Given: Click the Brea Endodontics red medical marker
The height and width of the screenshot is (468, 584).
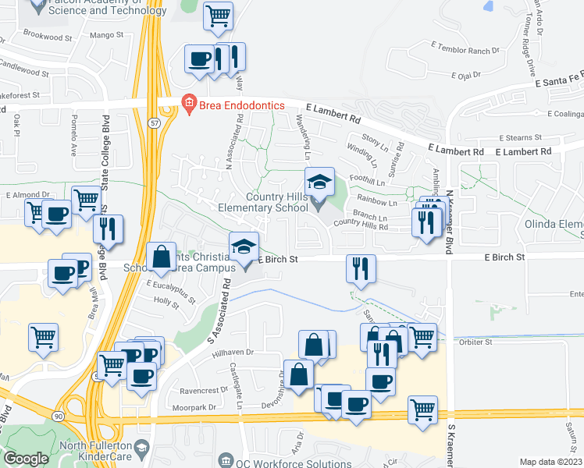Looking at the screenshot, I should click(188, 103).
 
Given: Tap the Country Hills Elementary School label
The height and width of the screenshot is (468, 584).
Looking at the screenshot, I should click(280, 203).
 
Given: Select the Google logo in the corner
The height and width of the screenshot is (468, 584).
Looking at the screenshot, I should click(26, 459).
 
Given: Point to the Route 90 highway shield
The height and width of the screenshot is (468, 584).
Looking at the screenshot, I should click(59, 417).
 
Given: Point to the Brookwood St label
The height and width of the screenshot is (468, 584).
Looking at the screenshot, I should click(48, 37).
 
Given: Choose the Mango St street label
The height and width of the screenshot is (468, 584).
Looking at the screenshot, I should click(107, 35).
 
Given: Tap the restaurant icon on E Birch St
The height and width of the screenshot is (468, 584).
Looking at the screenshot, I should click(361, 268).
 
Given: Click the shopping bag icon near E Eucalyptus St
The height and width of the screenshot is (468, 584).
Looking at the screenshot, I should click(161, 257).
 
